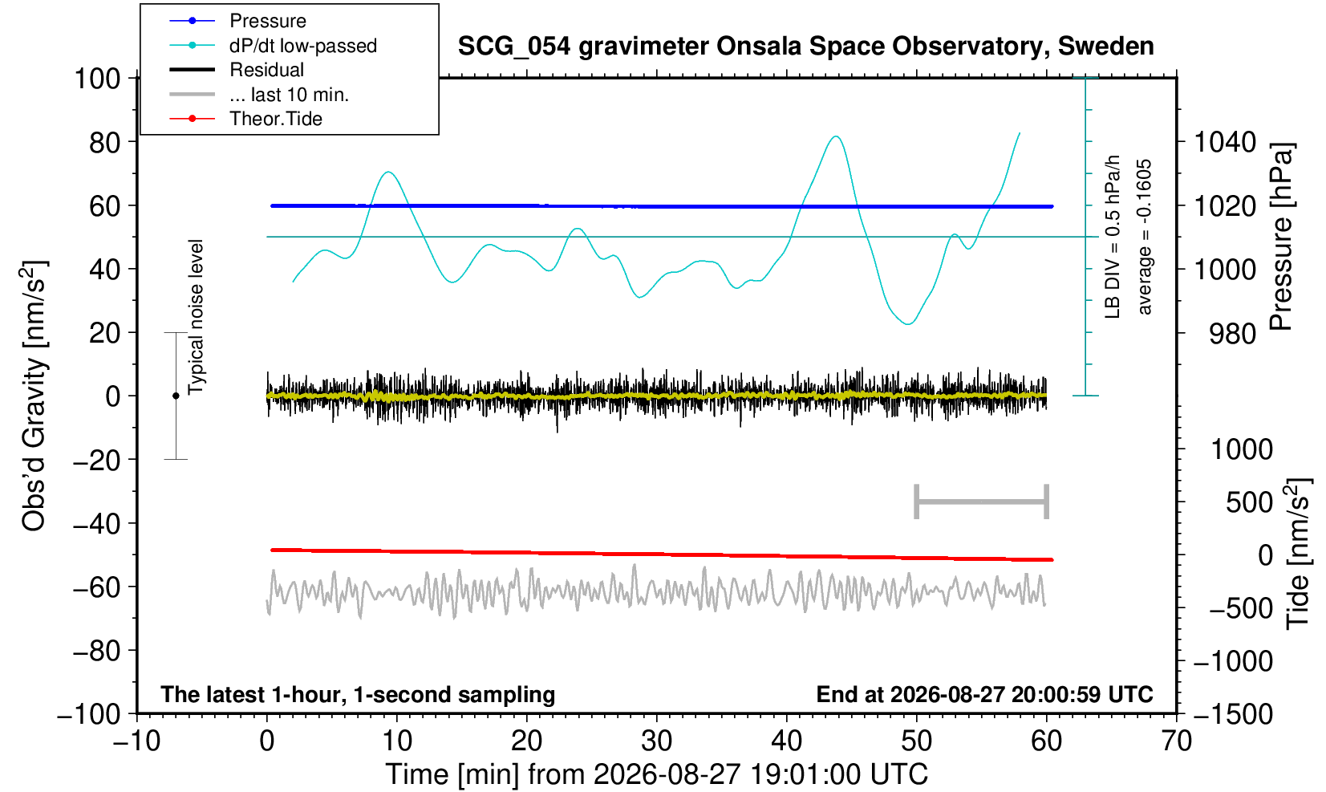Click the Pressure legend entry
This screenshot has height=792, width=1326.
[268, 21]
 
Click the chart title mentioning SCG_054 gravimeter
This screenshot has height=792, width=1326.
[805, 47]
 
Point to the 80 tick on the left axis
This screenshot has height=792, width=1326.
[105, 142]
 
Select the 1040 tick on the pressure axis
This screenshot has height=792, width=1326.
[1225, 142]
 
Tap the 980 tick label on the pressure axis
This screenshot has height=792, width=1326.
[1232, 334]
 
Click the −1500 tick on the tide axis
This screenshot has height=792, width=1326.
[1232, 714]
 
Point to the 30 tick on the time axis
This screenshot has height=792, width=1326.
[656, 741]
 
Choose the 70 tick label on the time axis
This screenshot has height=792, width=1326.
[1176, 741]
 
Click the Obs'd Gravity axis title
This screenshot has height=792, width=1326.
[34, 396]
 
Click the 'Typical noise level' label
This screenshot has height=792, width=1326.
[196, 317]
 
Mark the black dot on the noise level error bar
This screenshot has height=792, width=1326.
[176, 396]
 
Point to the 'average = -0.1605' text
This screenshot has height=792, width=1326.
[1144, 237]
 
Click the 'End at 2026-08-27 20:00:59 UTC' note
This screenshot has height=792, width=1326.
[984, 694]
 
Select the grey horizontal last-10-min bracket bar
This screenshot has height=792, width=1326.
[982, 502]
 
